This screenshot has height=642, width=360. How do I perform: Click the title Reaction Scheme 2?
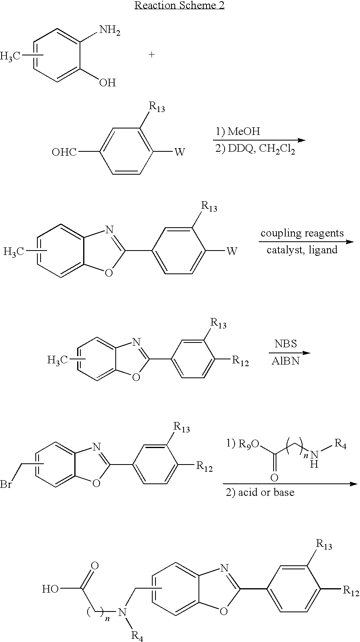pos(180,5)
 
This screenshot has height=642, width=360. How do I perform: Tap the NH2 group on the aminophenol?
pos(109,31)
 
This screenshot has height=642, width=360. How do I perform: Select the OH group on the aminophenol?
pos(107,83)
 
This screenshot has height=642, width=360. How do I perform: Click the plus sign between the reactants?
pos(151,55)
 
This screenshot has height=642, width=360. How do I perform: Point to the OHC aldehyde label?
pos(64,152)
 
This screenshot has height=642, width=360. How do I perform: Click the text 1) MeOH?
pos(238,131)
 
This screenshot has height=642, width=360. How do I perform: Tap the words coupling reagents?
pos(302,233)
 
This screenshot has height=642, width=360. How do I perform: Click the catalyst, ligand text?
pos(302,250)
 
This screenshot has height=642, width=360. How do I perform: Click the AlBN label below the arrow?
pos(285,361)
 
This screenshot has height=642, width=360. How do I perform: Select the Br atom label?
pos(6,484)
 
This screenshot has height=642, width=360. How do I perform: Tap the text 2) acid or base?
pos(260,492)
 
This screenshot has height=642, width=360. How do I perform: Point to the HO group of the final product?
pos(51,589)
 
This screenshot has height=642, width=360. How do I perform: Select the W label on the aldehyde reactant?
pos(180,152)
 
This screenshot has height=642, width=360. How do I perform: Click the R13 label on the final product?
pos(324,544)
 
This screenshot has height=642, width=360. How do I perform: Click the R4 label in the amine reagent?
pos(340,444)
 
